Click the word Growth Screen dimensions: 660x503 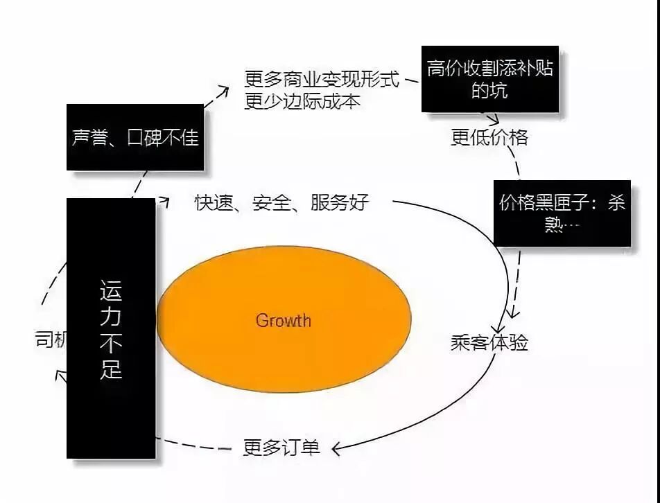[x=283, y=321]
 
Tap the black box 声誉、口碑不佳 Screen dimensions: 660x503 [x=135, y=137]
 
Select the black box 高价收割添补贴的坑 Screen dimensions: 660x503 [x=490, y=79]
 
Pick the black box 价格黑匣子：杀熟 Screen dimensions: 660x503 [x=562, y=213]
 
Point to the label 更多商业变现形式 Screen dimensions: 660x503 [x=322, y=79]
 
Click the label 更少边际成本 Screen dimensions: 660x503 [x=302, y=101]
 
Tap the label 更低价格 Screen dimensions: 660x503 [x=489, y=137]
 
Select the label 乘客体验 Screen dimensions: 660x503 [x=489, y=342]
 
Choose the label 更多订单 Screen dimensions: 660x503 [x=281, y=448]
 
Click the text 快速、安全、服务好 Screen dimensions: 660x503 [x=281, y=202]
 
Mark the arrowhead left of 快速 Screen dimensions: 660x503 [x=164, y=201]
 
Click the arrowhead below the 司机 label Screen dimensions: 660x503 [x=60, y=376]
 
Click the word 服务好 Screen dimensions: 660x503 [x=340, y=202]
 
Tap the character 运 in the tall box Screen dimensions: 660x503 [x=111, y=290]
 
